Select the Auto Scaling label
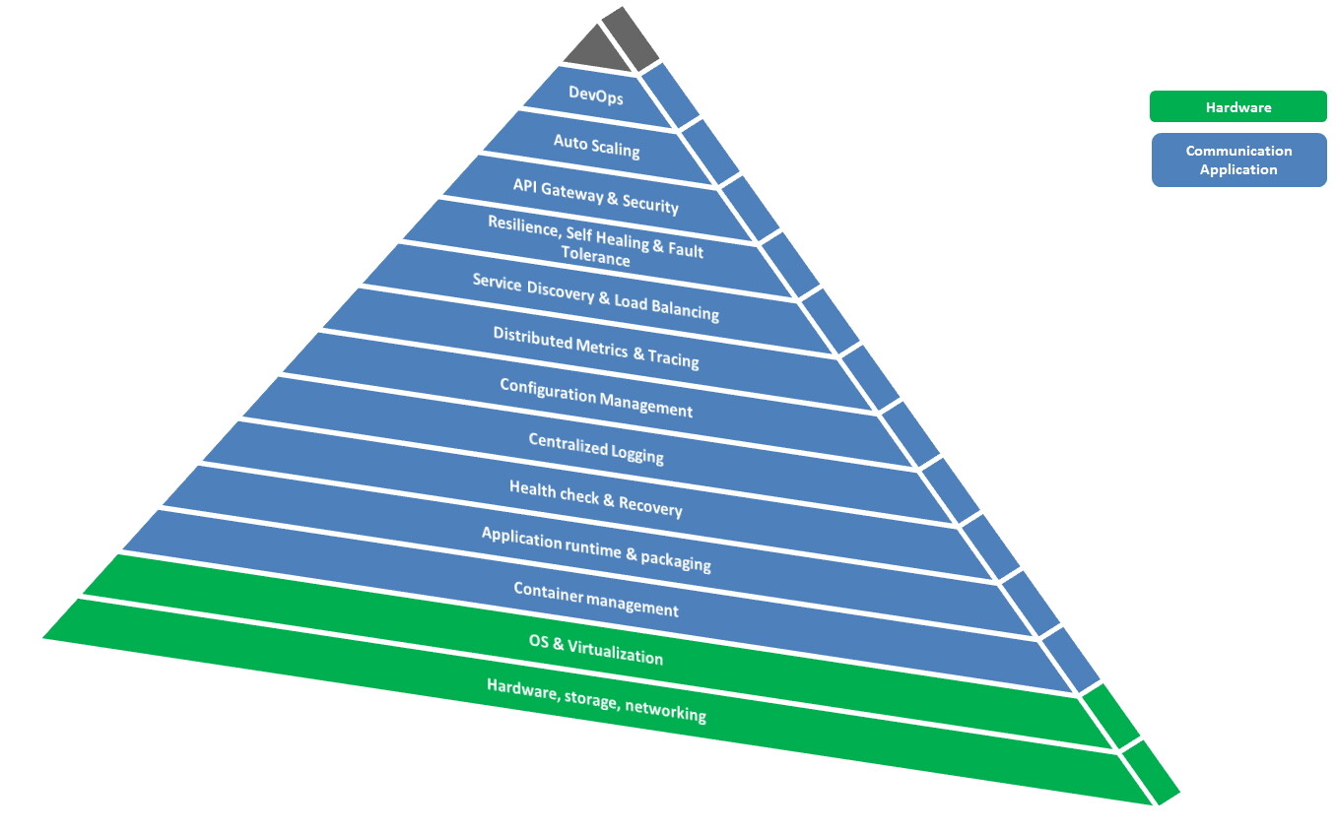pyautogui.click(x=596, y=147)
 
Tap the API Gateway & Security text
pyautogui.click(x=596, y=195)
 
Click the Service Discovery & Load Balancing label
pyautogui.click(x=596, y=297)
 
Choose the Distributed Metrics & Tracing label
pyautogui.click(x=596, y=347)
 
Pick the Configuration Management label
pyautogui.click(x=596, y=397)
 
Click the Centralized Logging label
pyautogui.click(x=596, y=448)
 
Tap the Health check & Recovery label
pyautogui.click(x=596, y=497)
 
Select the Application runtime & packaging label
pyautogui.click(x=596, y=548)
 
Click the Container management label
pyautogui.click(x=596, y=599)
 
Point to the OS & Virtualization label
pyautogui.click(x=596, y=650)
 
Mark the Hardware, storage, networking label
pyautogui.click(x=596, y=700)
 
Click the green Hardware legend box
pyautogui.click(x=1237, y=106)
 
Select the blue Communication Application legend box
pyautogui.click(x=1238, y=160)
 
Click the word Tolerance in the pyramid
pyautogui.click(x=595, y=258)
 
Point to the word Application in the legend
pyautogui.click(x=1238, y=169)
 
